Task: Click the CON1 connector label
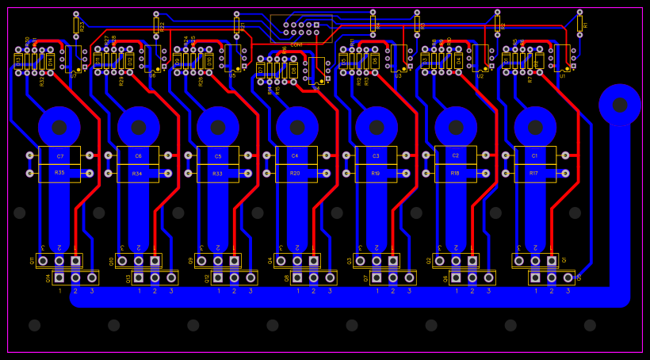click(296, 45)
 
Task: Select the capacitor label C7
click(59, 156)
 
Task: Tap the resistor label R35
click(59, 173)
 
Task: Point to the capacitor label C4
click(295, 156)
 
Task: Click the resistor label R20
click(295, 173)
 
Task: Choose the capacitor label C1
click(534, 156)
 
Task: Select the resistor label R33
click(217, 173)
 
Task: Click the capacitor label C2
click(455, 156)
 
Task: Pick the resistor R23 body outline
click(76, 25)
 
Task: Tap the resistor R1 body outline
click(579, 24)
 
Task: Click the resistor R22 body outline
click(156, 25)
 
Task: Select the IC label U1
click(562, 75)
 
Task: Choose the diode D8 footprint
click(293, 71)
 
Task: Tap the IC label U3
click(398, 75)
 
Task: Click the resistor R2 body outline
click(497, 25)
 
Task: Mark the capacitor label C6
click(138, 156)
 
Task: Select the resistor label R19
click(376, 173)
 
